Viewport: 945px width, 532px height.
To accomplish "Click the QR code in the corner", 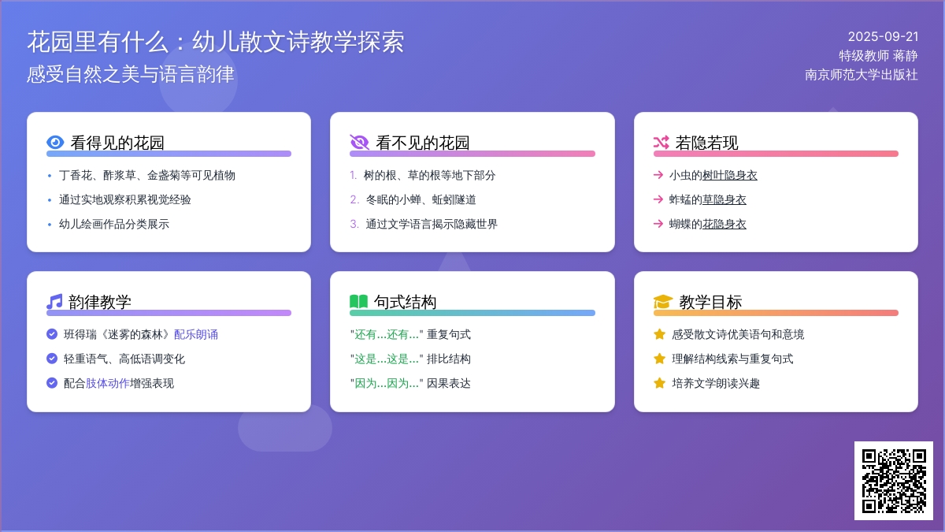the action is (x=894, y=481).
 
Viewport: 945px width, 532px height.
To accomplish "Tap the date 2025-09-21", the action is (x=883, y=37).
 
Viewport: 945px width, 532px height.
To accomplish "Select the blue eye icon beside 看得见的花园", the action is (x=55, y=143).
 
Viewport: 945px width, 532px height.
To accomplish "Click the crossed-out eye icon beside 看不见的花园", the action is (x=359, y=143).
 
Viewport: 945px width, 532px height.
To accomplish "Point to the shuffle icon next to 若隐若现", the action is (x=661, y=143).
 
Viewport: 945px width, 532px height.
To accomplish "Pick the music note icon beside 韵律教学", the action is (x=54, y=301).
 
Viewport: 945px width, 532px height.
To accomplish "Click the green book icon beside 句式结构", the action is (x=358, y=301).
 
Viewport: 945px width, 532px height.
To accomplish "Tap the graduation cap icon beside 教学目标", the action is (x=663, y=301).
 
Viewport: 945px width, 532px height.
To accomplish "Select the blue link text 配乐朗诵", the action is (x=196, y=335).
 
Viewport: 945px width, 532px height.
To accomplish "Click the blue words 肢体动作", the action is (x=108, y=383).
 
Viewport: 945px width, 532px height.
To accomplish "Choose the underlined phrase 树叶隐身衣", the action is (x=729, y=175).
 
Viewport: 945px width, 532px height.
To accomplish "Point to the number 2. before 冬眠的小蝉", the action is (x=354, y=199).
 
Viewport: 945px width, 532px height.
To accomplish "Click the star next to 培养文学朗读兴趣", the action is (x=659, y=383).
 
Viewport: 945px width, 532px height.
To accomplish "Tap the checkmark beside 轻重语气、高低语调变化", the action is (x=52, y=359).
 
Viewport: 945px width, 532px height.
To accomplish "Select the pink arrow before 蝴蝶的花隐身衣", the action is (x=658, y=224).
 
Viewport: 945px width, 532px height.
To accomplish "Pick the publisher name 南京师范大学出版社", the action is (x=862, y=75).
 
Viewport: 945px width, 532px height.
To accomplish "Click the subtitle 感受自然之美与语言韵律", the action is (x=131, y=74).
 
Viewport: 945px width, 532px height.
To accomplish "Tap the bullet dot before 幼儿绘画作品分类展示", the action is (x=50, y=224).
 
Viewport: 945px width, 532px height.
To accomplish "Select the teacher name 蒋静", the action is (x=906, y=56).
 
